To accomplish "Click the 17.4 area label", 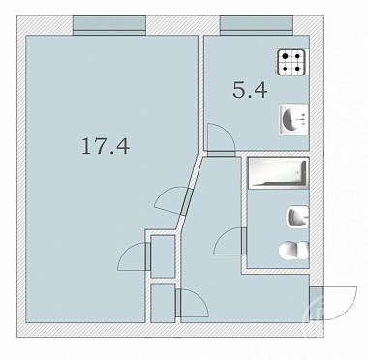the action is point(106,146).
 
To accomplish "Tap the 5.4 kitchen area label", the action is point(250,90).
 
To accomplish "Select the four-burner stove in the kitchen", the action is point(291,62).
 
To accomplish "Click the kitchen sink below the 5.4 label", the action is point(293,119).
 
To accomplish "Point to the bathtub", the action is point(278,173).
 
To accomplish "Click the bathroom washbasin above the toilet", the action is point(297,217).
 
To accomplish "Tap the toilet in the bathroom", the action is point(293,251).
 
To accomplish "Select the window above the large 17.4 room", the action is point(109,25).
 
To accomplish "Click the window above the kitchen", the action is point(257,25).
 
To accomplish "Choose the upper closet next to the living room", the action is point(163,256).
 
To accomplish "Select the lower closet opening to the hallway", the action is point(163,303).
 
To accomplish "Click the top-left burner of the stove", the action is point(285,56).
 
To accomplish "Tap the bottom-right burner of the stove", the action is point(298,69).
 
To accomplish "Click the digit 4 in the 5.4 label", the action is point(261,90).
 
